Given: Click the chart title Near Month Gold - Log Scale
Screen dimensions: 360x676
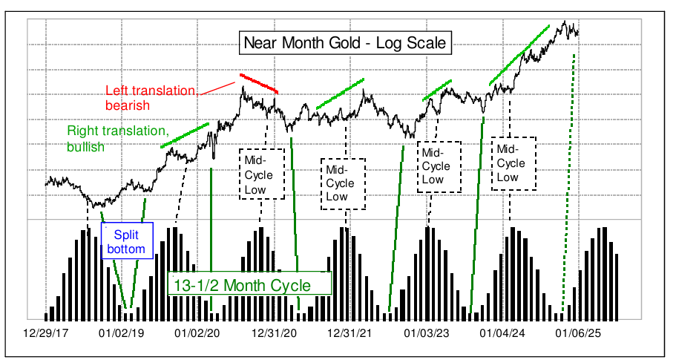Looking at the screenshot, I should point(346,43).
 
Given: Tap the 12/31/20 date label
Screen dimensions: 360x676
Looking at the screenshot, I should point(274,333).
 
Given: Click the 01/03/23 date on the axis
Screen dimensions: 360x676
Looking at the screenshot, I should point(427,333).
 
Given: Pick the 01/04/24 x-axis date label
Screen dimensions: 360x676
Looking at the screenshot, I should point(504,333).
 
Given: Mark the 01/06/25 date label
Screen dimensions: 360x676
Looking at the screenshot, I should point(578,333).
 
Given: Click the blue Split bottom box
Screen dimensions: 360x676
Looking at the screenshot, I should point(127,240).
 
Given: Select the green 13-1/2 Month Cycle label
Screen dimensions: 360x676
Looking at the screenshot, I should point(249,284).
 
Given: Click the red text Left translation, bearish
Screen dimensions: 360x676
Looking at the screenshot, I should point(151,96).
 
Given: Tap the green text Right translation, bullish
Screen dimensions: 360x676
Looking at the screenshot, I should point(117,138).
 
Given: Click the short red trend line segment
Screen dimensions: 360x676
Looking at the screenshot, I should point(259,83).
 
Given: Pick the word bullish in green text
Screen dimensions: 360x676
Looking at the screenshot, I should point(86,146).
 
